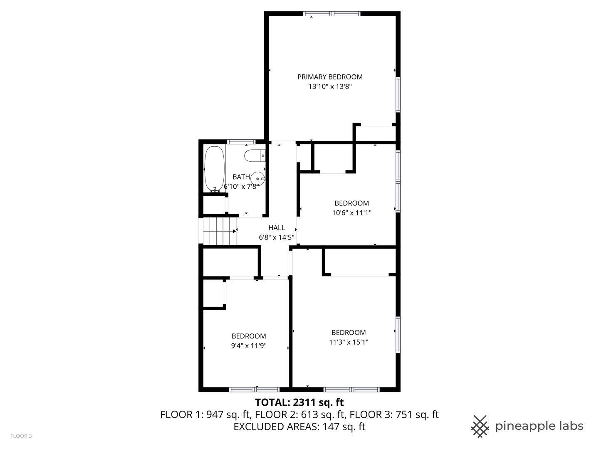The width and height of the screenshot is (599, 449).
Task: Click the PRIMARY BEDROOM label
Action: point(330,77)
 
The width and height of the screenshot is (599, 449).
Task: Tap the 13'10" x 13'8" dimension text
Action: point(330,87)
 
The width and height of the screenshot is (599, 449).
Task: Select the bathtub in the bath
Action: point(214,169)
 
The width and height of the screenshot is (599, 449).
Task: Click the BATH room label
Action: point(241,177)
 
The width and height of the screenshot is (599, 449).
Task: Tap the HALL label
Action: point(277,228)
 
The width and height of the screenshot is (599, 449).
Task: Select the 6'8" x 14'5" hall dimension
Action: point(277,238)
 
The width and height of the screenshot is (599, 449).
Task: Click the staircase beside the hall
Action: point(220,231)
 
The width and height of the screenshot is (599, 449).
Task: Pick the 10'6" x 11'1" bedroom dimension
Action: point(351,213)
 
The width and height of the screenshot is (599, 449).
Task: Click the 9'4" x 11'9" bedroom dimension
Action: point(249,345)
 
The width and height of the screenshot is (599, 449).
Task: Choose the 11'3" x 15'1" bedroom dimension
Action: point(349,342)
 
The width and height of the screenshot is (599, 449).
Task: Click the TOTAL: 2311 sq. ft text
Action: point(299,402)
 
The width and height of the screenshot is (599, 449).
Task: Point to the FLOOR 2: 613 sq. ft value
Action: point(299,414)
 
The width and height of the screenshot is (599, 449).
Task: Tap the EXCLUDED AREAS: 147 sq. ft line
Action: point(299,427)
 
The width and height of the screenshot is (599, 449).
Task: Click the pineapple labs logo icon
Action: point(480,426)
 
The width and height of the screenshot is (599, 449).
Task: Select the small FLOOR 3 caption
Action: point(21,436)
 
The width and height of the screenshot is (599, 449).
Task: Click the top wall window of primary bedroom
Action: point(332,14)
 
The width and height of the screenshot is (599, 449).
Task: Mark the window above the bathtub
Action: point(241,142)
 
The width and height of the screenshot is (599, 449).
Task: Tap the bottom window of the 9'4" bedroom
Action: point(254,390)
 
